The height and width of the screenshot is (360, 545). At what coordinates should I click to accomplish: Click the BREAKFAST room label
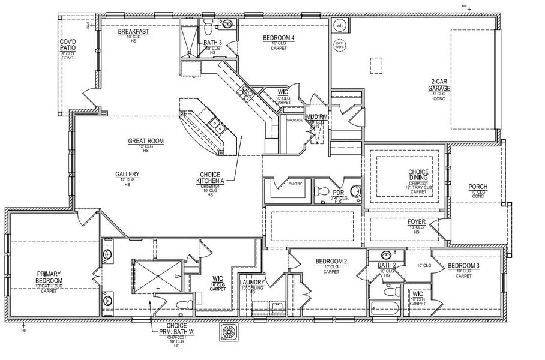pos(133,31)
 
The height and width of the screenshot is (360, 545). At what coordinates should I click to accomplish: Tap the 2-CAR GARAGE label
pos(440,85)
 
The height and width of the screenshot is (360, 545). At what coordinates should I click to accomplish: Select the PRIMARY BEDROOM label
pos(49,277)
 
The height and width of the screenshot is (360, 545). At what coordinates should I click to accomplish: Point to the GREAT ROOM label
pos(145,142)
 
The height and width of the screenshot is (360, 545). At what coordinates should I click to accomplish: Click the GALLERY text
pos(127,175)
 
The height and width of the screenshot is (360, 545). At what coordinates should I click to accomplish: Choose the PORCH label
pos(478,187)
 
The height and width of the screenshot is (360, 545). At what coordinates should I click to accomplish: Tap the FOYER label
pos(416,221)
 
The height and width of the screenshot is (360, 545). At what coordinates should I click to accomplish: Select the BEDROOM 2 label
pos(331,262)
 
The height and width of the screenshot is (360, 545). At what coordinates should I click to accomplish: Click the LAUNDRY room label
pos(252,282)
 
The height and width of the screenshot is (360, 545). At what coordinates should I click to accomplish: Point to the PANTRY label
pos(295,184)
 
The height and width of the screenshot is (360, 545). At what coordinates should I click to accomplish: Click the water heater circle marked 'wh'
pos(339,26)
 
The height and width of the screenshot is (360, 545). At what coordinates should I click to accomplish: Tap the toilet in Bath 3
pos(208,27)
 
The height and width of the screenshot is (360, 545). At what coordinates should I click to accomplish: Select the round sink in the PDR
pos(355,192)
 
